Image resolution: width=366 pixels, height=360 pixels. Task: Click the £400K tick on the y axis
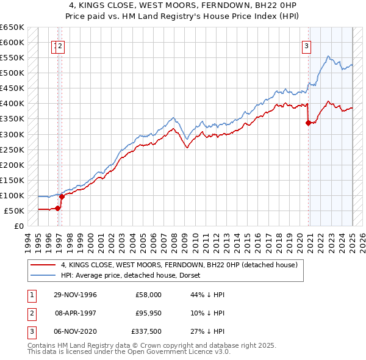click(x=12, y=104)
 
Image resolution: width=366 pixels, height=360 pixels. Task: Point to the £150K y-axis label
click(x=12, y=180)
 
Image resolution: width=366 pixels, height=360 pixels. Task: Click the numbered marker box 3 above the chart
click(x=306, y=45)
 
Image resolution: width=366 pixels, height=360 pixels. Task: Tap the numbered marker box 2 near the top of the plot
click(x=61, y=45)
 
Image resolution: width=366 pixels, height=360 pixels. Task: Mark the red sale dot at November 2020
click(x=308, y=123)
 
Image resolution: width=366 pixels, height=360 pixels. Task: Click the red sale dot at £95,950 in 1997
click(x=62, y=196)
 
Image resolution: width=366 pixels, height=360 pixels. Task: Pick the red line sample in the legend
click(x=43, y=265)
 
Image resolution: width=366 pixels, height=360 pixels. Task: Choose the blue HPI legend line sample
click(x=43, y=276)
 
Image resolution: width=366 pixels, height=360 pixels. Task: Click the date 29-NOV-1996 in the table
click(x=75, y=294)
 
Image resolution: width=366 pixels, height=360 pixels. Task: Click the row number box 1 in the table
click(x=31, y=294)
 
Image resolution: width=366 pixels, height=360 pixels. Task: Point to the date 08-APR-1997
click(x=75, y=313)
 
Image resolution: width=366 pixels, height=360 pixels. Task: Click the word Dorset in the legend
click(x=197, y=276)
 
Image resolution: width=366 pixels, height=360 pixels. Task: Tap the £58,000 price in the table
click(x=148, y=294)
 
